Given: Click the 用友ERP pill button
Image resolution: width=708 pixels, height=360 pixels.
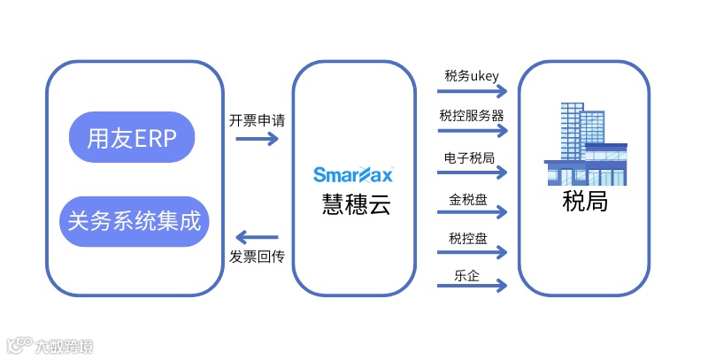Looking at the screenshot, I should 132,137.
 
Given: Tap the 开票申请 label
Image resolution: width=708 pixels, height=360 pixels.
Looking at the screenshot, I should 257,120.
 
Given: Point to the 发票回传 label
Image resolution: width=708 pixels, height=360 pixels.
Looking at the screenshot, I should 257,256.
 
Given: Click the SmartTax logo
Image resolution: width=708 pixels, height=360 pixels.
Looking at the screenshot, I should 354,173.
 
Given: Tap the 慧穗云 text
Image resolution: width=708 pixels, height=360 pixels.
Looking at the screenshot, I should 355,204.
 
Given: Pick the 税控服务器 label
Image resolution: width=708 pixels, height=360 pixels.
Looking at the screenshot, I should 472,115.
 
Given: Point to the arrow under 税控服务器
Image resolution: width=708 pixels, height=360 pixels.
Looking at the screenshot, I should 473,133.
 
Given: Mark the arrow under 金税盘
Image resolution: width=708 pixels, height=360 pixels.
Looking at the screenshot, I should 473,212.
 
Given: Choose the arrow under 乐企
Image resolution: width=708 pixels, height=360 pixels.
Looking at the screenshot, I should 473,286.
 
